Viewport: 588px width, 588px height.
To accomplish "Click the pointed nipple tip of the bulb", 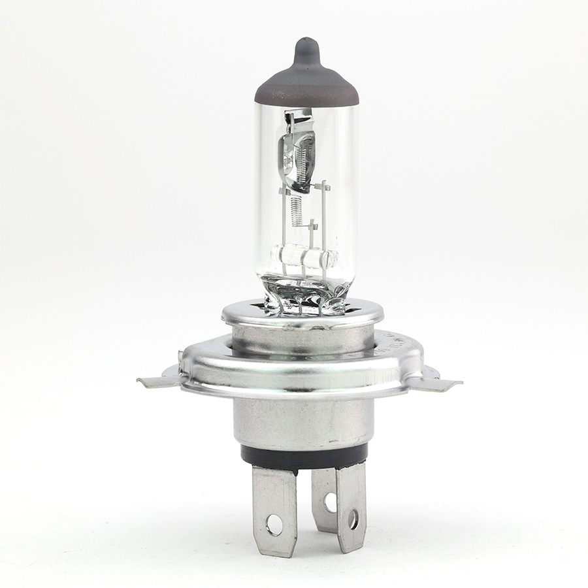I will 306,44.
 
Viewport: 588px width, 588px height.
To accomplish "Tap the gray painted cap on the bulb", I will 306,85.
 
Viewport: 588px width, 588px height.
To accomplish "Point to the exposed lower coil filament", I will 297,210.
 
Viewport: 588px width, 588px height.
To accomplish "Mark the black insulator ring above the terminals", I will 304,455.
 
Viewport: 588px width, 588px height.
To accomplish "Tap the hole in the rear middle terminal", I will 329,502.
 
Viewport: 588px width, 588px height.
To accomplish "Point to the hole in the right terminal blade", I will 353,519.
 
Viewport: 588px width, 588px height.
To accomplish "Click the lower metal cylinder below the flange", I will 304,421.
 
